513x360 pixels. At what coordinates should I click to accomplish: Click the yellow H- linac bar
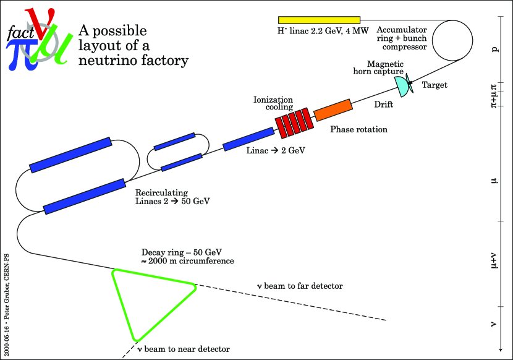coord(319,20)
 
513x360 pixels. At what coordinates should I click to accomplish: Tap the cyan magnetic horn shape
coord(402,86)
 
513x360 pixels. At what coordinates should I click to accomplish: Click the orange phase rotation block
coord(333,109)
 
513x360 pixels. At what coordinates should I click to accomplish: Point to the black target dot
coord(410,82)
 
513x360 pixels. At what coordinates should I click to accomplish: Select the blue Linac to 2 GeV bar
coord(248,139)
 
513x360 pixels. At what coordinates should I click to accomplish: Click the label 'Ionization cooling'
coord(273,103)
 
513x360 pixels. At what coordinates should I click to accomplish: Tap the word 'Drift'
coord(383,105)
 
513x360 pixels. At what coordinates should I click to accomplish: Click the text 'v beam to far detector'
coord(300,286)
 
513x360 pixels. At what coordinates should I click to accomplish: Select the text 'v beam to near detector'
coord(183,349)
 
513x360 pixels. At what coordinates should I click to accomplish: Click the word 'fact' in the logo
coord(18,35)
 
